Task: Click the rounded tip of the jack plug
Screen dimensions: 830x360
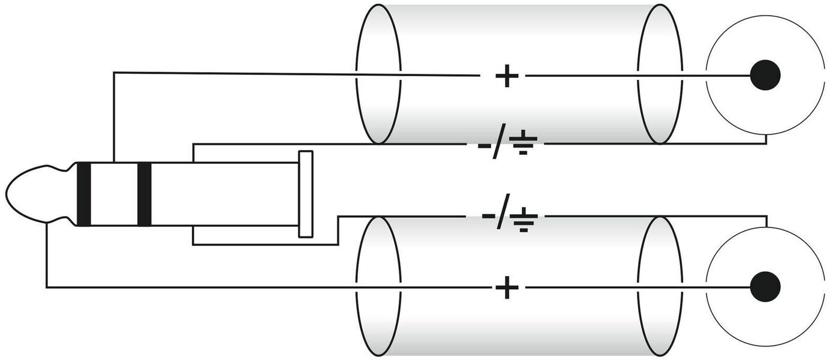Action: [30, 193]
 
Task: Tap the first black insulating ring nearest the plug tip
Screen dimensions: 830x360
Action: [84, 194]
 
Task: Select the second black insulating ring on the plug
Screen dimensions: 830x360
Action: [144, 194]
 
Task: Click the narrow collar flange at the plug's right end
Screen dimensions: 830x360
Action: [306, 194]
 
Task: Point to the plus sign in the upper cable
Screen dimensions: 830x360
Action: [507, 76]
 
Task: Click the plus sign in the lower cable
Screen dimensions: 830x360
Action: [507, 288]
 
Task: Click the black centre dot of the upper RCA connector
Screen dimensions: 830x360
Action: [765, 76]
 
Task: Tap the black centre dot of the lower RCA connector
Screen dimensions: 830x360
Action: [765, 287]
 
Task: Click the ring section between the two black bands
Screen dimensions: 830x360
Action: [114, 194]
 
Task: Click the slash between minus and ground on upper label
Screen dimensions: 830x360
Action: [499, 145]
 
